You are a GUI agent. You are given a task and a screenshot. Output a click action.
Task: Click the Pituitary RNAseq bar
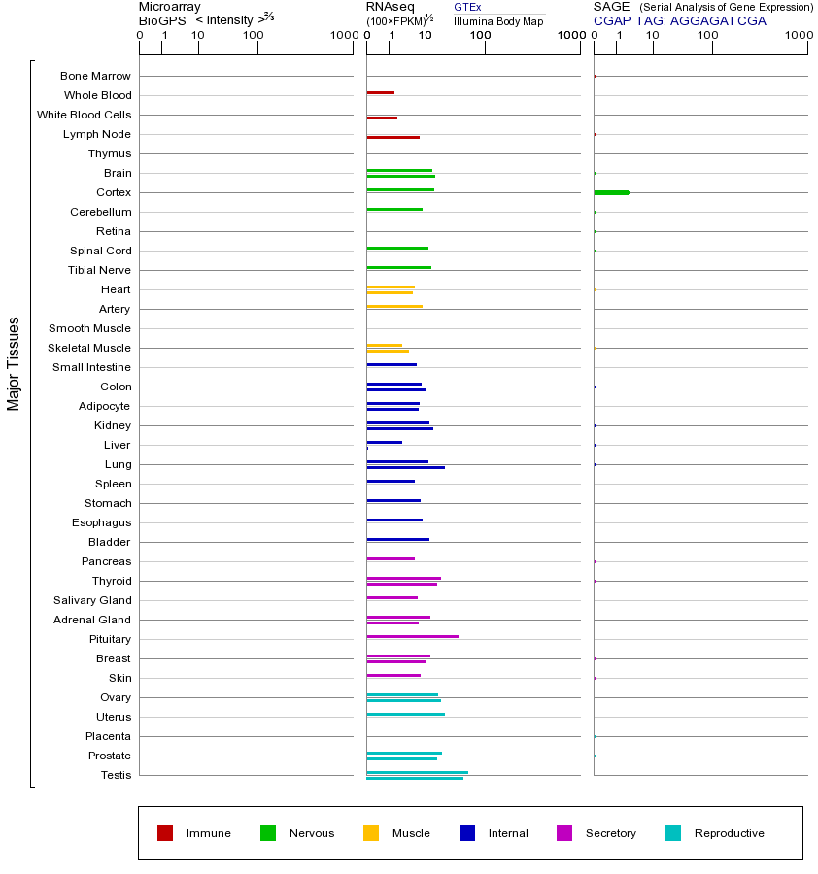(x=412, y=636)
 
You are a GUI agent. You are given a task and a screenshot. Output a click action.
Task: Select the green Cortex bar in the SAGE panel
(x=611, y=192)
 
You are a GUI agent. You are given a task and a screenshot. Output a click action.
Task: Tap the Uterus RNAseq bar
(x=405, y=714)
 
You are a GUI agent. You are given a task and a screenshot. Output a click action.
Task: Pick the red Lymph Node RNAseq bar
(x=392, y=137)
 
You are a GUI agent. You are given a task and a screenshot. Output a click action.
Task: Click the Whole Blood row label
(x=97, y=95)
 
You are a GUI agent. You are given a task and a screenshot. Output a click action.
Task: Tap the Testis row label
(x=116, y=775)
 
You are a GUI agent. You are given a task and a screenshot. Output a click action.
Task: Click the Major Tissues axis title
(x=14, y=363)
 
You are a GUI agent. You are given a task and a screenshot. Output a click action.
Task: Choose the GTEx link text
(x=467, y=7)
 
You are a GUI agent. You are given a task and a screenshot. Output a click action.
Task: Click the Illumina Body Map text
(x=498, y=21)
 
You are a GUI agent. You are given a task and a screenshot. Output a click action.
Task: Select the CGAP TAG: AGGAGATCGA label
(x=679, y=20)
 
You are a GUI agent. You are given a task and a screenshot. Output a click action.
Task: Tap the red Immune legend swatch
(x=165, y=833)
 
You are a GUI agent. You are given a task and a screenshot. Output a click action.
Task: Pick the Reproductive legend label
(x=729, y=833)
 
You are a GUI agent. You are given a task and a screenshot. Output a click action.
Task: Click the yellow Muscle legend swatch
(x=371, y=833)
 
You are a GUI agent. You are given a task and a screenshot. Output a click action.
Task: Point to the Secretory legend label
(x=610, y=833)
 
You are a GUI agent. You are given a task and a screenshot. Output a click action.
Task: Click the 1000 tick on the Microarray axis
(x=343, y=36)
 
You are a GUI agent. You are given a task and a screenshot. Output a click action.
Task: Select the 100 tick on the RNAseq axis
(x=480, y=36)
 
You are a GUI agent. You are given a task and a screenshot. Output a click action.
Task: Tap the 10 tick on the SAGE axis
(x=653, y=36)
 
